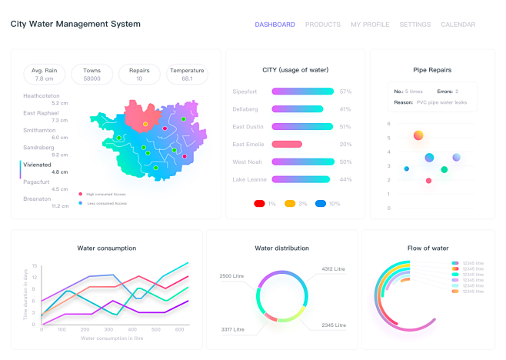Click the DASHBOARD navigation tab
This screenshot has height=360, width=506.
click(275, 25)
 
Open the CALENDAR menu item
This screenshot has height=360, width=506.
click(458, 25)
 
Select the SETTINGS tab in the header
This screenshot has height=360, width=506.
click(415, 25)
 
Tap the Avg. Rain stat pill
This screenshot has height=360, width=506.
click(44, 75)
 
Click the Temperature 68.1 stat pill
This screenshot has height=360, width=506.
click(187, 75)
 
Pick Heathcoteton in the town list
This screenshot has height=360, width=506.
click(42, 96)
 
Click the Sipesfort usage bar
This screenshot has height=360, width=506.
click(302, 92)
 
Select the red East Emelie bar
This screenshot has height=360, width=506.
click(287, 144)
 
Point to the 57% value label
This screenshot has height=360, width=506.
click(345, 92)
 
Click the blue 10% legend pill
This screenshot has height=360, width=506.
click(321, 203)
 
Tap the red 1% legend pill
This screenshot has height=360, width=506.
click(260, 203)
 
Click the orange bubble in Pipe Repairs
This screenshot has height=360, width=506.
click(418, 135)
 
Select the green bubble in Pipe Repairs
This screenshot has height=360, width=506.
click(444, 169)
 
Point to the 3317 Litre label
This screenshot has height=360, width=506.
click(232, 329)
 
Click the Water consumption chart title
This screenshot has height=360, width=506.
click(107, 248)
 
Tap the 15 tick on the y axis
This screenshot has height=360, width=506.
click(35, 265)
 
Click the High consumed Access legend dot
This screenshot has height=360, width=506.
click(80, 195)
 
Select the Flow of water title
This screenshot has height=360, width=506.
click(428, 248)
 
